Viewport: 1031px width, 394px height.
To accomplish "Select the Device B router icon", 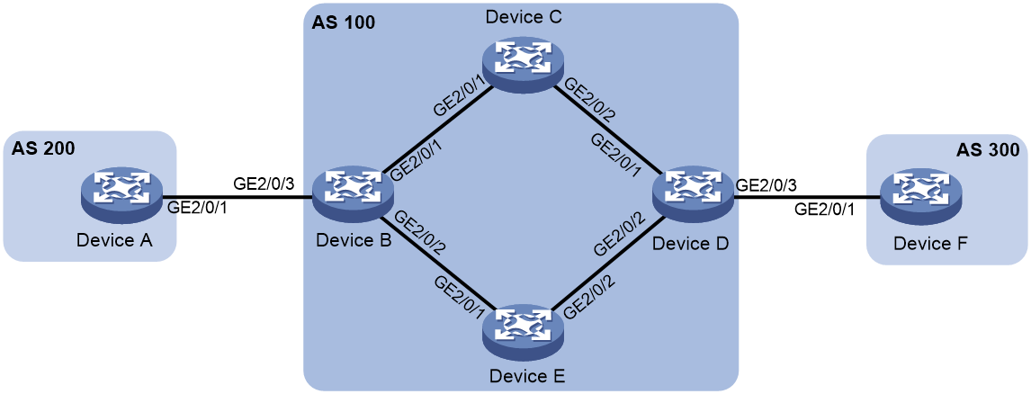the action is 353,197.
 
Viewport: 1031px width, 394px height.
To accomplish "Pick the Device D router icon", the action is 694,197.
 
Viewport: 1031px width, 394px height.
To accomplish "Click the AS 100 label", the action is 343,22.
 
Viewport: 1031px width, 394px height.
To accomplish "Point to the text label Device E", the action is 522,377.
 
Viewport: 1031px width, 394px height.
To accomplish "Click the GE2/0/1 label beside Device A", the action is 200,209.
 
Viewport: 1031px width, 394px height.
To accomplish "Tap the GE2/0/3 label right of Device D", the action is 769,184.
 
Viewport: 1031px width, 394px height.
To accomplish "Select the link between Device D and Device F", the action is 808,197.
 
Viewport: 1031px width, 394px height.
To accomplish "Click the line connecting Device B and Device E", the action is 438,263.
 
